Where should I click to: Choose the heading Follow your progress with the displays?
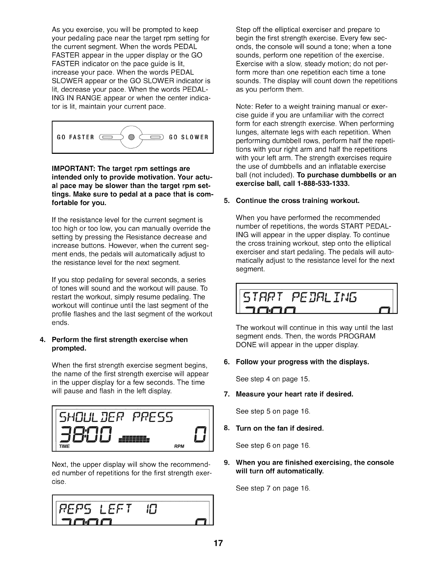click(302, 362)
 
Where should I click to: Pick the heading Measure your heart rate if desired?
click(294, 394)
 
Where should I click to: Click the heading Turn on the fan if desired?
click(280, 428)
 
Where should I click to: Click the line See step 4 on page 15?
click(272, 379)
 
